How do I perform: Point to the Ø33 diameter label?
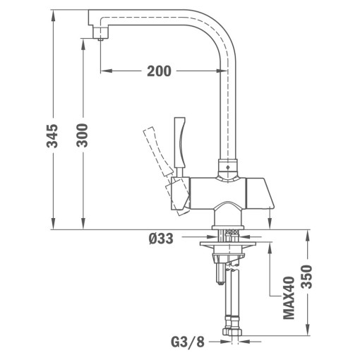(162, 239)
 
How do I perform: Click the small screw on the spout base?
(227, 169)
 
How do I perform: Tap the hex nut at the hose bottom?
(229, 332)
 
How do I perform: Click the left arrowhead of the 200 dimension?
(104, 71)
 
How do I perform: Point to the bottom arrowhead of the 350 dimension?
(308, 339)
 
